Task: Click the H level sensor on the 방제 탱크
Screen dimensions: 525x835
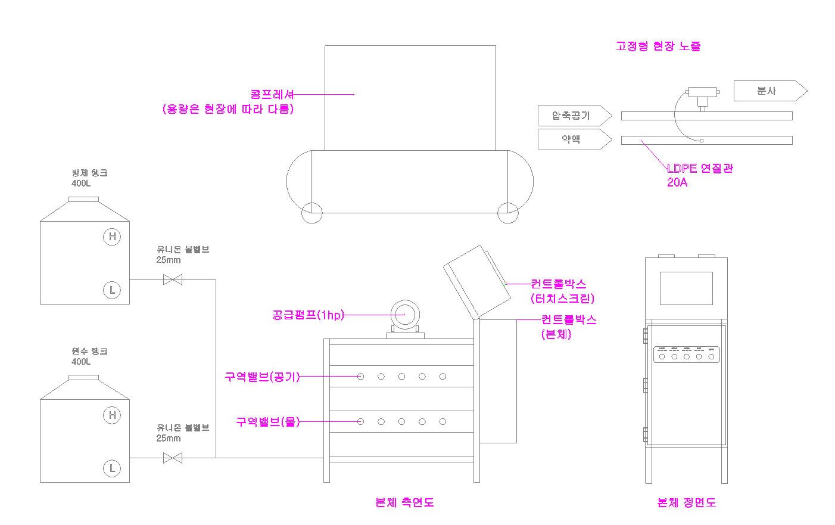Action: tap(112, 237)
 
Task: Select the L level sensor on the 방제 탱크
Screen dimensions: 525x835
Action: tap(112, 290)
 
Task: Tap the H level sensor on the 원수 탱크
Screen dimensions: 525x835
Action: tap(112, 415)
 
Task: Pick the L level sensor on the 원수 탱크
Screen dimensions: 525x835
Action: tap(112, 468)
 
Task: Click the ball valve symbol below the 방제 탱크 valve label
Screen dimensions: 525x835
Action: tap(173, 279)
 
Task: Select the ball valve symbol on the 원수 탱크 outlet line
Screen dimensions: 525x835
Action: tap(173, 458)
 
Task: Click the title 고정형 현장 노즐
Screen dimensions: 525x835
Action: tap(658, 46)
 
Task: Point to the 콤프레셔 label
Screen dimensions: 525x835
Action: tap(272, 94)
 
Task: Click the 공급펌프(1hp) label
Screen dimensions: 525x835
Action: tap(308, 315)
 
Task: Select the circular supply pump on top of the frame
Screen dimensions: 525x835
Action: tap(405, 315)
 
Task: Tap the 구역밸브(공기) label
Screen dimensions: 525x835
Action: tap(262, 377)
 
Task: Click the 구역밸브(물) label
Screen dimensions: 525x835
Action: tap(267, 422)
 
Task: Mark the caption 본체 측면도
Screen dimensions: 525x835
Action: tap(404, 502)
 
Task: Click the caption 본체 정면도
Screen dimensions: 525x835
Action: tap(686, 503)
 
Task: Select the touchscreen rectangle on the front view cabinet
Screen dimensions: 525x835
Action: tap(686, 288)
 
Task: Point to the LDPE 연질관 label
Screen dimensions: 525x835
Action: tap(700, 169)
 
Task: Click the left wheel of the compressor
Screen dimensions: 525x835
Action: tap(311, 213)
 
